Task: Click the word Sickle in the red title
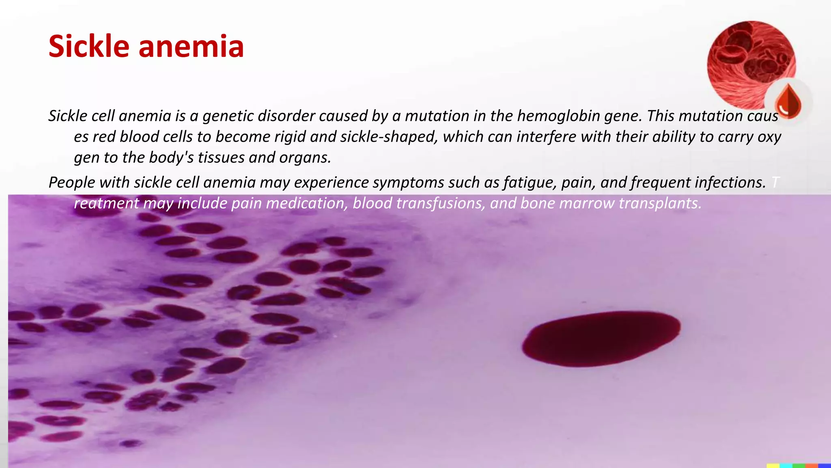[x=89, y=46]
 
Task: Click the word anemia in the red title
[x=191, y=46]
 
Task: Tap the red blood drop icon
[x=788, y=101]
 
